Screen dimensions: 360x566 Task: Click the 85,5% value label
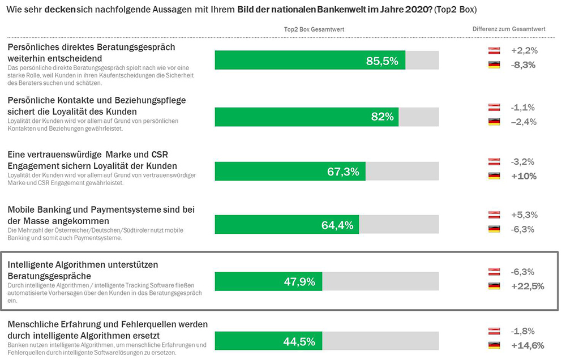pyautogui.click(x=382, y=61)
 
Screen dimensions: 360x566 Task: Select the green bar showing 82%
pyautogui.click(x=306, y=117)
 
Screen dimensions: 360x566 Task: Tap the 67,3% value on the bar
pyautogui.click(x=343, y=172)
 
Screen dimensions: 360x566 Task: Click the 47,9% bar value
pyautogui.click(x=299, y=281)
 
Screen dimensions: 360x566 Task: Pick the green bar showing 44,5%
pyautogui.click(x=268, y=341)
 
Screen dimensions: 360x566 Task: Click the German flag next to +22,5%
pyautogui.click(x=494, y=286)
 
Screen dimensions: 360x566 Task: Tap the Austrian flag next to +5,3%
pyautogui.click(x=494, y=215)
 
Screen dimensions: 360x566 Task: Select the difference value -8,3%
pyautogui.click(x=524, y=65)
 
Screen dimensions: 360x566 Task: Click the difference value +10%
pyautogui.click(x=524, y=176)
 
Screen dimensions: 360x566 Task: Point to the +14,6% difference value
pyautogui.click(x=527, y=345)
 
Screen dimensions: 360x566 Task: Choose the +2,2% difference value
pyautogui.click(x=524, y=50)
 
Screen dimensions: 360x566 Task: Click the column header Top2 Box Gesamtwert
pyautogui.click(x=314, y=29)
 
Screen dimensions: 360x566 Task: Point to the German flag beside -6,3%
pyautogui.click(x=494, y=229)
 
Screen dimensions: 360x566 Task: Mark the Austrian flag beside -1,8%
pyautogui.click(x=494, y=331)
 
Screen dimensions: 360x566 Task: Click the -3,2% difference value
pyautogui.click(x=524, y=162)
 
